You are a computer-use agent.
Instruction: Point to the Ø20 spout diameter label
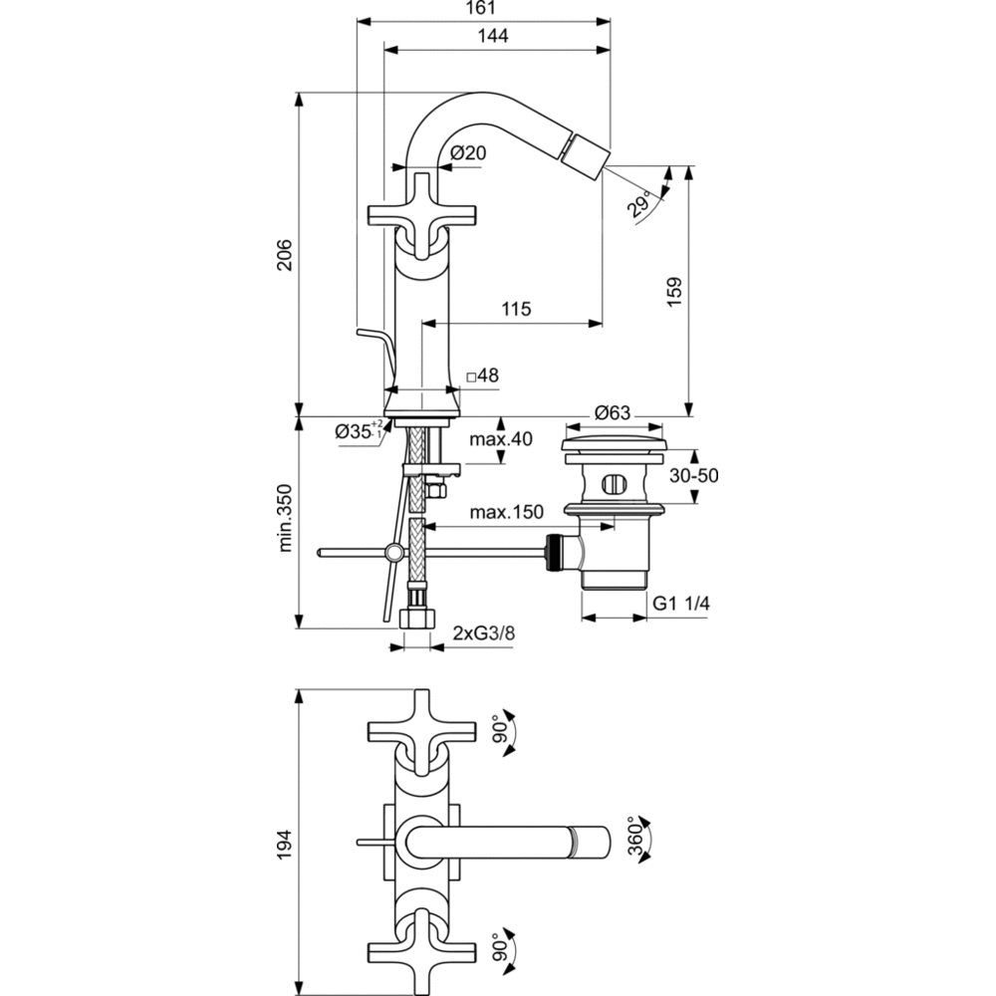tap(467, 152)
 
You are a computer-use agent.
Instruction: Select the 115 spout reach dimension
tap(516, 310)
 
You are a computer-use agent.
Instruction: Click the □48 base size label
tap(483, 375)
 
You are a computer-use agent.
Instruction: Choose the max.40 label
tap(502, 439)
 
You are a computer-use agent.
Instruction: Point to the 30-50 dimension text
tap(693, 476)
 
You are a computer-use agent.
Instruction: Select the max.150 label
tap(506, 513)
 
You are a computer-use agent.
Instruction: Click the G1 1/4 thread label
tap(681, 604)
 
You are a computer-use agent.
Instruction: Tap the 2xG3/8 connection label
tap(485, 632)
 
